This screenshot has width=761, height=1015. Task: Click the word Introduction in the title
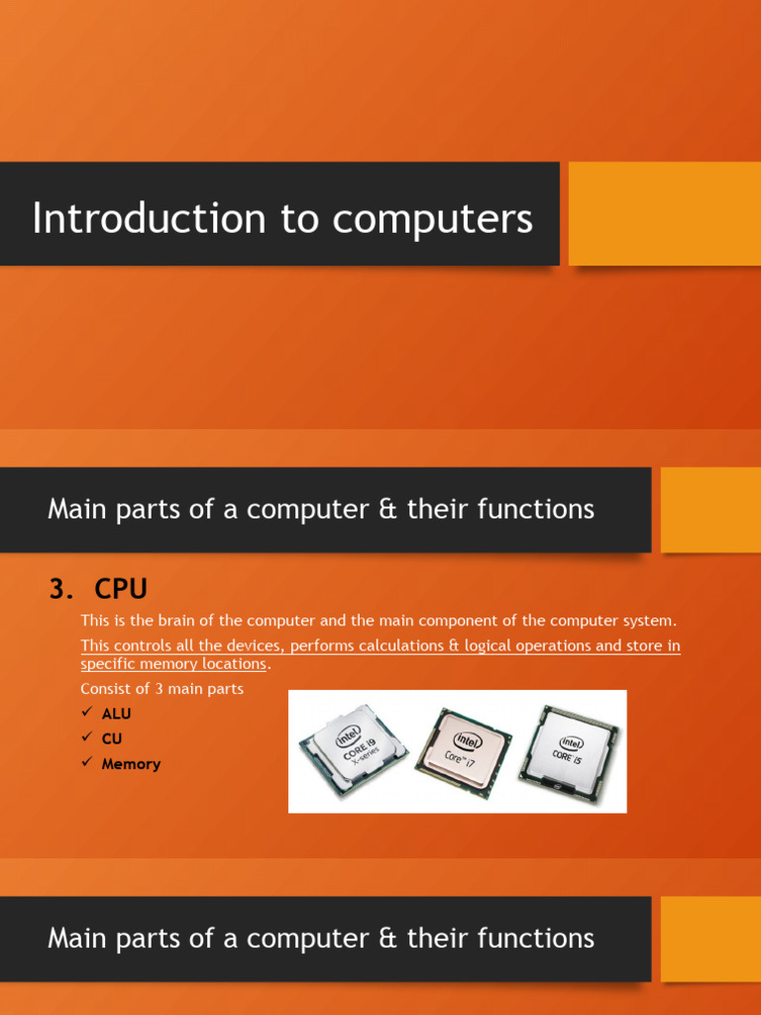[149, 219]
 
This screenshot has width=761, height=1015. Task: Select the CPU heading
[121, 589]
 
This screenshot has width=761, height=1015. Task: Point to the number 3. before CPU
[61, 589]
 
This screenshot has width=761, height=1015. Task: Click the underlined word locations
[232, 663]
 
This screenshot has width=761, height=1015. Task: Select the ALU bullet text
[116, 714]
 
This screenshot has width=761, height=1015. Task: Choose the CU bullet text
[112, 738]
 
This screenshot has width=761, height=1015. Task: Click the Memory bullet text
[131, 764]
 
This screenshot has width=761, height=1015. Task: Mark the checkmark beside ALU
[86, 713]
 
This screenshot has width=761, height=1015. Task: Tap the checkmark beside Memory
[86, 763]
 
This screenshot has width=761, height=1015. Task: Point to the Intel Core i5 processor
[569, 748]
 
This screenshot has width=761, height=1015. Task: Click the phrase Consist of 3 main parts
[162, 689]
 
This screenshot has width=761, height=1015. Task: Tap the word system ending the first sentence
[646, 620]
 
